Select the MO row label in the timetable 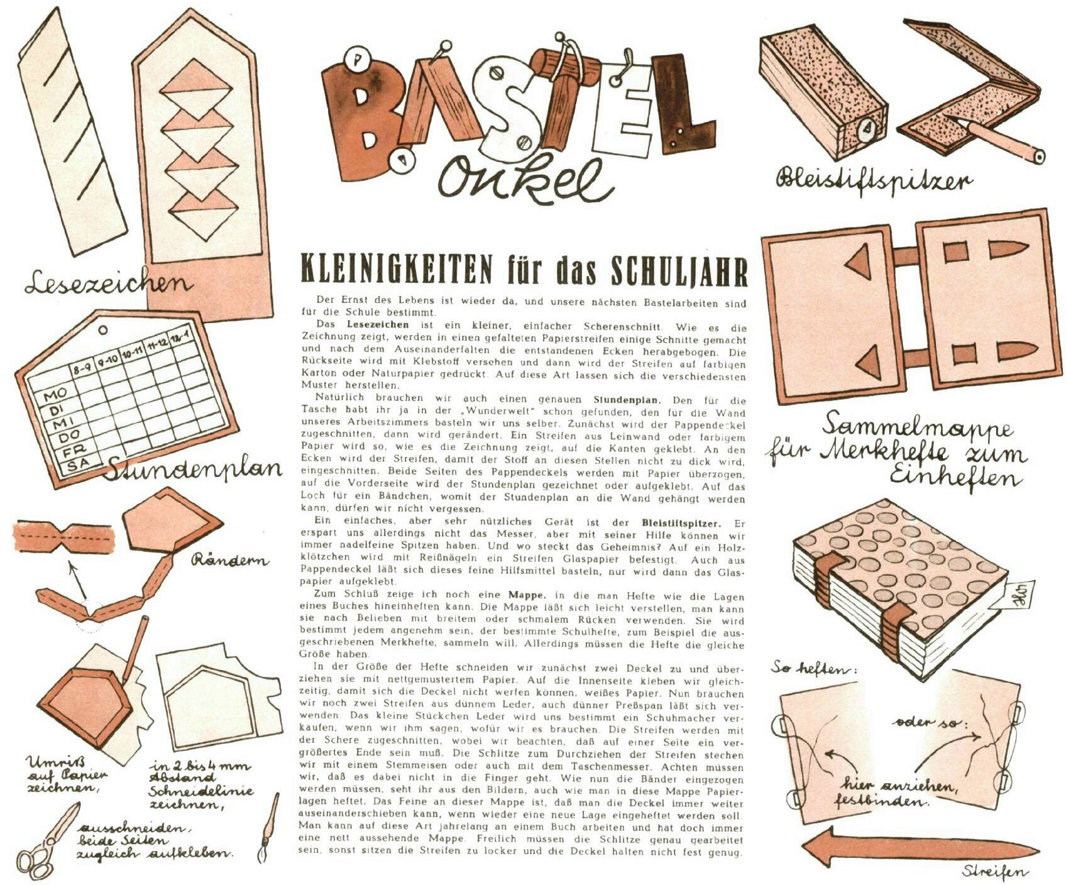coord(55,395)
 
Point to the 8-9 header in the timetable coord(82,371)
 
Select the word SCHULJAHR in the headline coord(679,271)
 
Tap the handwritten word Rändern coord(229,559)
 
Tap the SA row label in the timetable coord(77,466)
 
